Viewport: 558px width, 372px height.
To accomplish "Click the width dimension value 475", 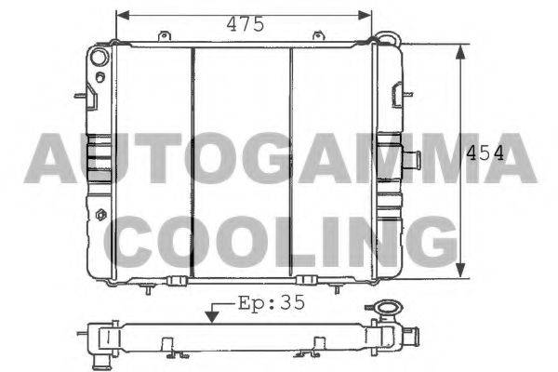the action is (x=246, y=24).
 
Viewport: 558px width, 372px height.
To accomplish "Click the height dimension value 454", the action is (x=485, y=153).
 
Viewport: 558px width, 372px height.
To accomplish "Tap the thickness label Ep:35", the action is (x=272, y=302).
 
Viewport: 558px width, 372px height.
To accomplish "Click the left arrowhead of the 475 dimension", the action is (x=123, y=15).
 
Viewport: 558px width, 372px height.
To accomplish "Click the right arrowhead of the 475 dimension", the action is (x=365, y=15).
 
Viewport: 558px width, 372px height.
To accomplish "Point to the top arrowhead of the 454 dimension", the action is (x=460, y=52).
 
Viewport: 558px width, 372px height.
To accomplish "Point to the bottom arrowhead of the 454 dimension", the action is (x=460, y=271).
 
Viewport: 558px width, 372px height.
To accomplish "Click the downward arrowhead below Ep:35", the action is (x=212, y=317).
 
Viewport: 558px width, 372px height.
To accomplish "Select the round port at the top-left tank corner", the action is (x=99, y=57).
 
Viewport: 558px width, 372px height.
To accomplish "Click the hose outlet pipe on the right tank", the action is (x=412, y=160).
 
